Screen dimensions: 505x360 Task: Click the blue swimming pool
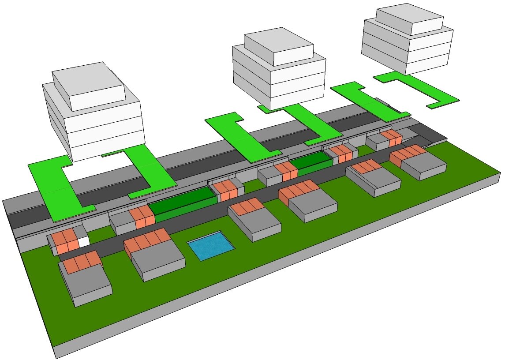coord(210,245)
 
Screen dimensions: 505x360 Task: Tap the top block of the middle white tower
coord(279,46)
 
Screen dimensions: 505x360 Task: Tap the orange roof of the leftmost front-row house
coord(81,262)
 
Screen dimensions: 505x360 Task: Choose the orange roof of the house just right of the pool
coord(249,206)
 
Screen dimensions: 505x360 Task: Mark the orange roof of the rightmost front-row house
coord(408,153)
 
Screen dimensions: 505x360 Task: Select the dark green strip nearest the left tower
coord(181,204)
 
